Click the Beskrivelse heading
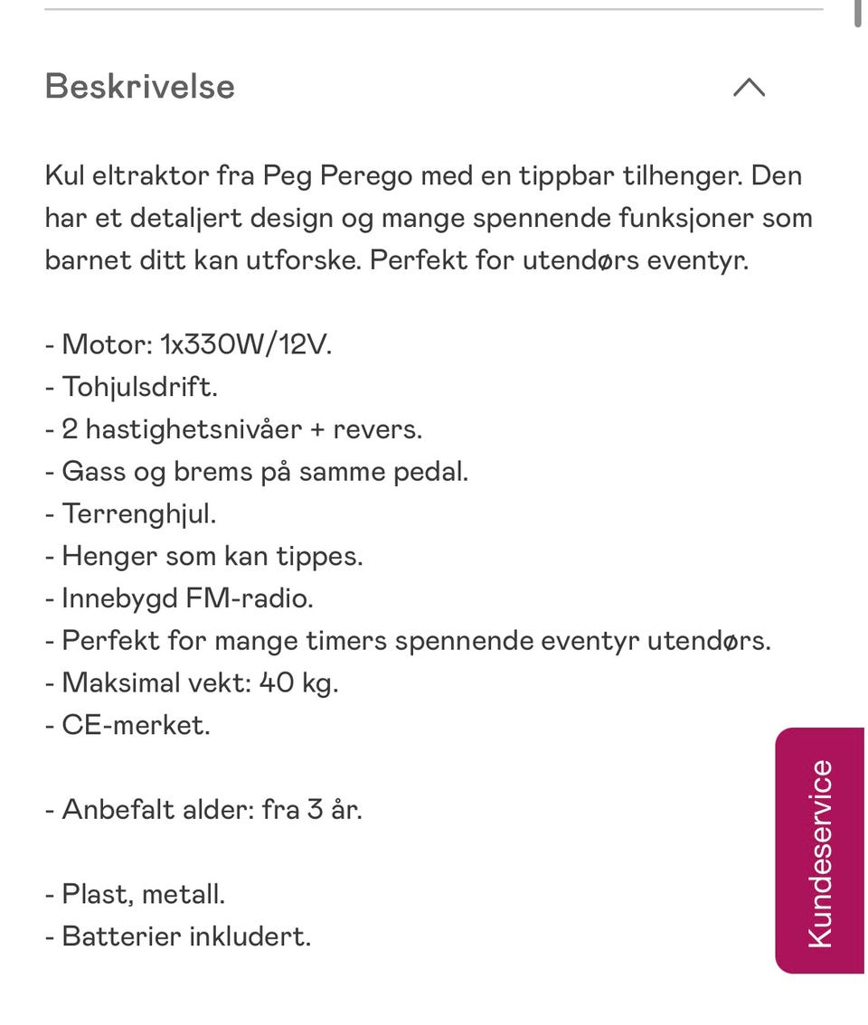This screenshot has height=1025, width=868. (139, 87)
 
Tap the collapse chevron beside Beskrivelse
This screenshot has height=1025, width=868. (749, 87)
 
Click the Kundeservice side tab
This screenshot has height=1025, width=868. (820, 851)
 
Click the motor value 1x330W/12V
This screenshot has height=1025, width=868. (246, 344)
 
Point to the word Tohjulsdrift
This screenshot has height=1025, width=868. (140, 387)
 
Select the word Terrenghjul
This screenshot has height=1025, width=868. (139, 513)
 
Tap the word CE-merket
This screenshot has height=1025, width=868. (136, 725)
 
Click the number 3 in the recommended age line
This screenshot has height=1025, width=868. (315, 809)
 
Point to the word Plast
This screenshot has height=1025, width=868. (98, 894)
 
